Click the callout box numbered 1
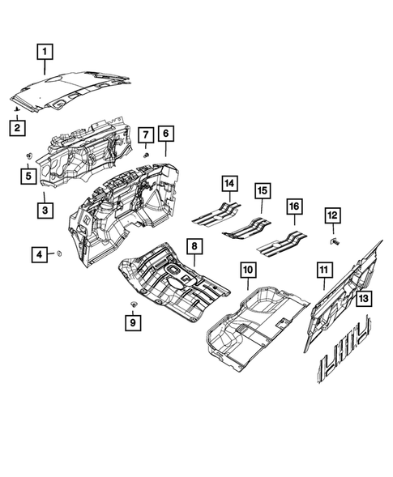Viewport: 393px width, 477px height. pyautogui.click(x=45, y=51)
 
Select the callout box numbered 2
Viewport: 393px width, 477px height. pyautogui.click(x=17, y=127)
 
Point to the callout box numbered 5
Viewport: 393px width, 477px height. pyautogui.click(x=28, y=174)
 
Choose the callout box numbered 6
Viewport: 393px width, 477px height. pyautogui.click(x=165, y=133)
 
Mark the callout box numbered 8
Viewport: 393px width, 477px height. pyautogui.click(x=194, y=246)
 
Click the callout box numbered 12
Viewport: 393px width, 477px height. pyautogui.click(x=333, y=215)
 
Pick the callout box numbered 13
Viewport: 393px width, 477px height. pyautogui.click(x=364, y=299)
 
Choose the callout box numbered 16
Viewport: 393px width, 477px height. pyautogui.click(x=293, y=207)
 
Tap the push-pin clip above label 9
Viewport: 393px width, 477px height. pyautogui.click(x=131, y=302)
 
